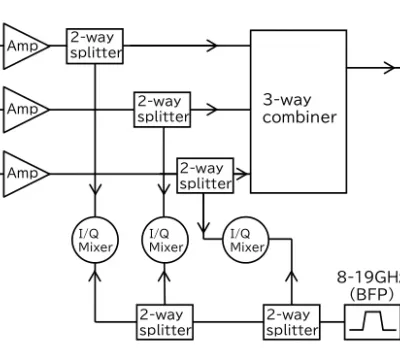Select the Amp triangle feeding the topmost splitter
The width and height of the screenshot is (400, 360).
pos(26,46)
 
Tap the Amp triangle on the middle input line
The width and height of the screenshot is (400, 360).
pos(26,109)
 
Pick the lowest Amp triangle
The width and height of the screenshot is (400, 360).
pos(26,174)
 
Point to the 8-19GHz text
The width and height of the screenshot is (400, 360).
pos(368,277)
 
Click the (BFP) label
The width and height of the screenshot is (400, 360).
pos(371,294)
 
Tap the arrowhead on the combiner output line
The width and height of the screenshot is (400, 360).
pos(389,68)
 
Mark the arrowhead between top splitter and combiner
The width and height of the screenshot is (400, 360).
pos(212,46)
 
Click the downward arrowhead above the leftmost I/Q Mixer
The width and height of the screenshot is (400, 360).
pos(95,189)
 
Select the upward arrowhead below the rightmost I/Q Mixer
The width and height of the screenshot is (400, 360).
pos(292,277)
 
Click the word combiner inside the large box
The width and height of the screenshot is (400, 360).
pos(299,117)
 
